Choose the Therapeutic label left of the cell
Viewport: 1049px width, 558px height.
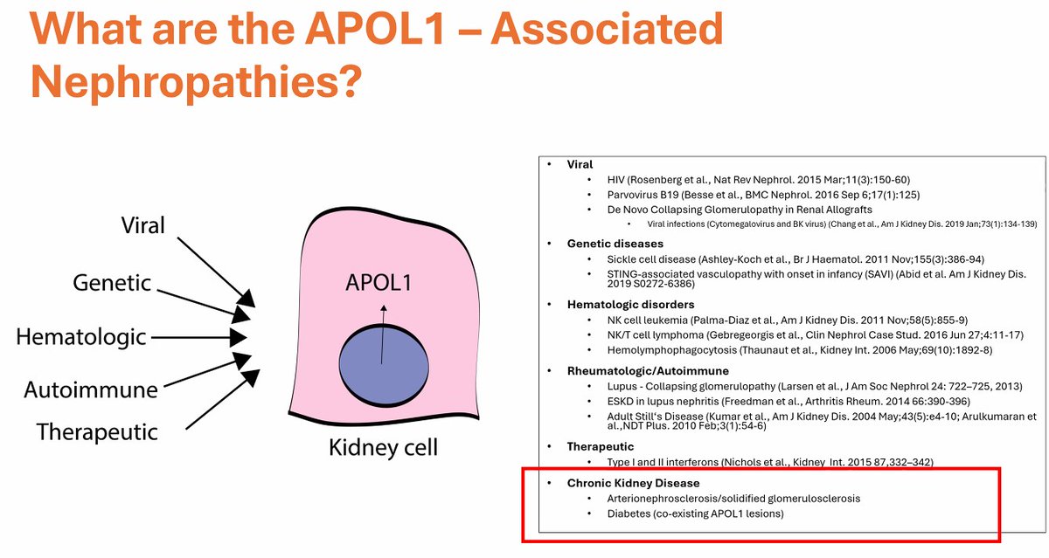coord(98,431)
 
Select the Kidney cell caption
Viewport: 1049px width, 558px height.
coord(383,449)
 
